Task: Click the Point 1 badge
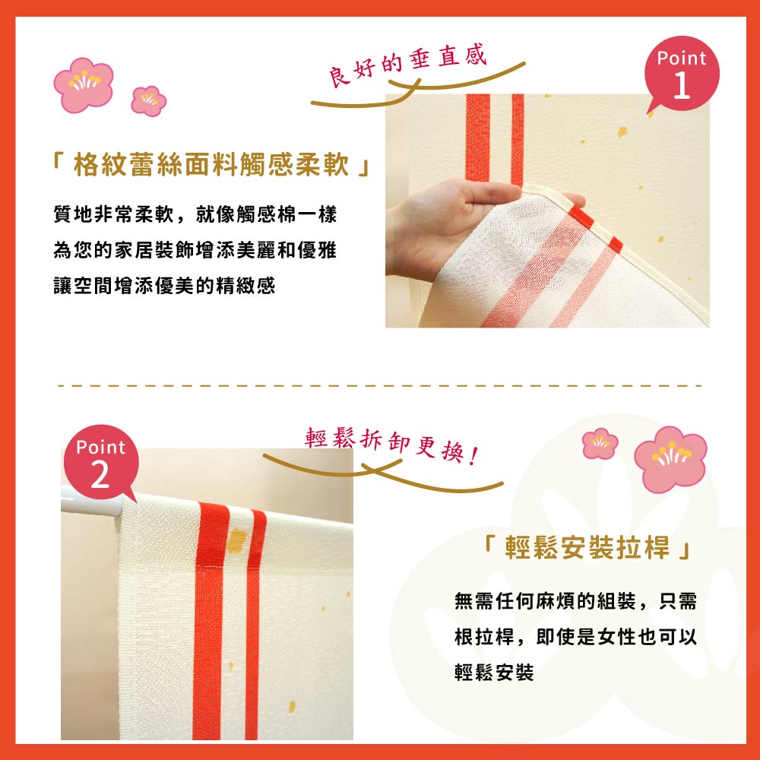(682, 74)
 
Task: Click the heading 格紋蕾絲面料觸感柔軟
(212, 165)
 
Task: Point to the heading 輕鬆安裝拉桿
(587, 549)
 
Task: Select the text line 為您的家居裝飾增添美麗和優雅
(195, 250)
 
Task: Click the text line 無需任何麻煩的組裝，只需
(575, 601)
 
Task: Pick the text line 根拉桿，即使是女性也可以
(575, 637)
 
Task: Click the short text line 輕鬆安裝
(494, 673)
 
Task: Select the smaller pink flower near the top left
(149, 100)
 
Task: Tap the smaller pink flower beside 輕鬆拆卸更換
(600, 443)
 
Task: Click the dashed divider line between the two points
(380, 385)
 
